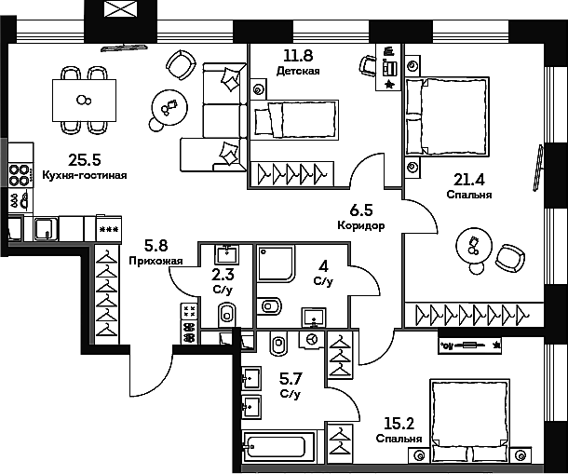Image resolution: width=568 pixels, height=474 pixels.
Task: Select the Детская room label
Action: (x=301, y=72)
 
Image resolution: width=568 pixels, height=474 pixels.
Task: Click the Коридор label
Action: (x=361, y=225)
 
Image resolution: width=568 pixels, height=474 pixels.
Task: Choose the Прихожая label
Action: (x=154, y=262)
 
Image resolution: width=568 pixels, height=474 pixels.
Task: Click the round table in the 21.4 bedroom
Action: (x=473, y=248)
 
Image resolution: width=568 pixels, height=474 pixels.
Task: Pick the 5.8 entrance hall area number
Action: (x=155, y=248)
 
